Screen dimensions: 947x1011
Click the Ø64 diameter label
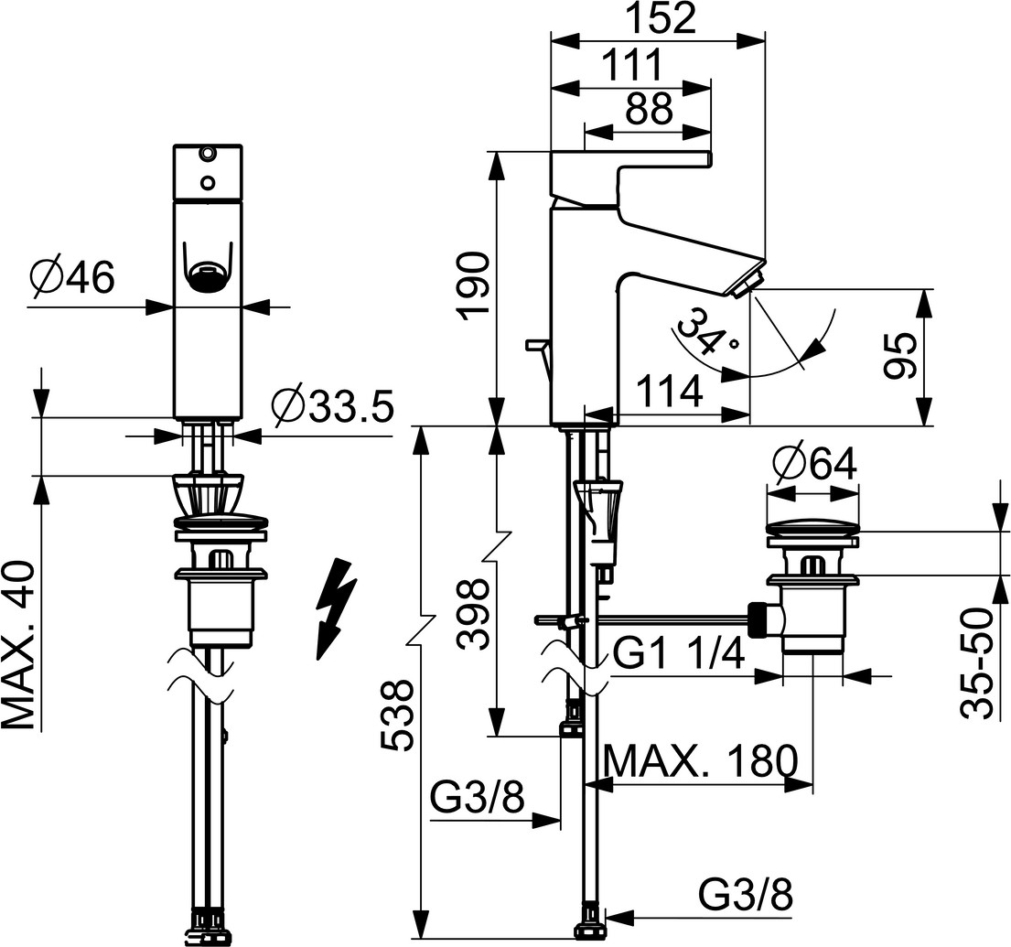[x=813, y=466]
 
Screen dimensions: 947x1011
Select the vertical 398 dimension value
[x=475, y=612]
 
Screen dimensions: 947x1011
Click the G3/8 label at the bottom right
[x=746, y=894]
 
